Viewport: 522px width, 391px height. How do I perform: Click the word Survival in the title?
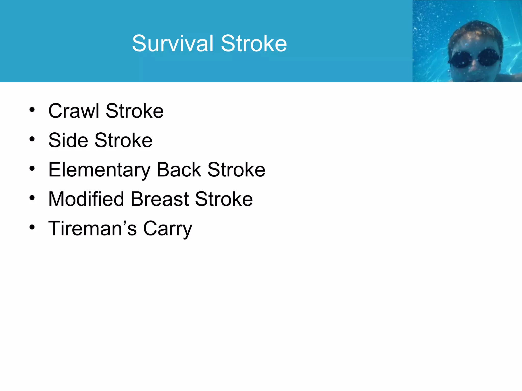click(173, 44)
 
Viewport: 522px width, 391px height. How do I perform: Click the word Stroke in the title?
click(254, 44)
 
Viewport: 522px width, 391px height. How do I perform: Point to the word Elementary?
click(99, 170)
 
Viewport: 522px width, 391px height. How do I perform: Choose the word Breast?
click(160, 199)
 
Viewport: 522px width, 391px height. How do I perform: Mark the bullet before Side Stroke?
click(32, 139)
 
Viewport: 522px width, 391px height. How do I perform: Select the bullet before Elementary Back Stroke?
click(32, 169)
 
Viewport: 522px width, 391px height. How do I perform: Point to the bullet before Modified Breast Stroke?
click(32, 198)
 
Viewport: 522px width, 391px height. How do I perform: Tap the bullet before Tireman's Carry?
click(32, 227)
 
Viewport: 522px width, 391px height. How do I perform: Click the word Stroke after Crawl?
click(135, 111)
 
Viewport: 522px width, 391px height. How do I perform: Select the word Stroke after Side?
click(123, 140)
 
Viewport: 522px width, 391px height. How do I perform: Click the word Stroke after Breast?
click(224, 199)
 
